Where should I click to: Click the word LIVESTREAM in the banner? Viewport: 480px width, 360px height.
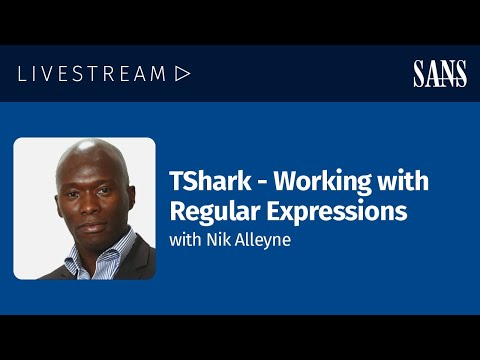click(x=91, y=73)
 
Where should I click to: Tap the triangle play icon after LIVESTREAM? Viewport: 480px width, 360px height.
click(x=182, y=73)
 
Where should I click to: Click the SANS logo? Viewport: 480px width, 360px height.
click(x=440, y=73)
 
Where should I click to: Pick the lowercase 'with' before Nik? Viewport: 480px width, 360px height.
click(x=185, y=240)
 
